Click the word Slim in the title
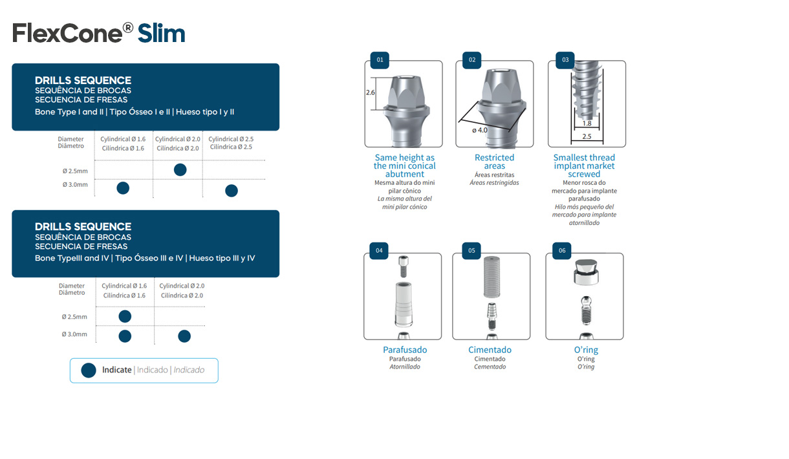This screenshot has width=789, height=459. tap(162, 33)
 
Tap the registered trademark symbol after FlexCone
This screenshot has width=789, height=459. tap(128, 28)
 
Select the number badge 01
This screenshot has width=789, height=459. tap(380, 60)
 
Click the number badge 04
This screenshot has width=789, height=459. tap(379, 250)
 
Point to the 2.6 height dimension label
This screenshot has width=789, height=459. tap(371, 92)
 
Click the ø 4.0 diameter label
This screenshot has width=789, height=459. tap(479, 130)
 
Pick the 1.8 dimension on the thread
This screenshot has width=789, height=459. tap(587, 123)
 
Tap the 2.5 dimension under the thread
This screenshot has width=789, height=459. tap(587, 136)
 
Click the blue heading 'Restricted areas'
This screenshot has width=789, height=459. tap(494, 162)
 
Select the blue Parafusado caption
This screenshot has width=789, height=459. tap(405, 350)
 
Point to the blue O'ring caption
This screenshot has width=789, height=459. tap(586, 350)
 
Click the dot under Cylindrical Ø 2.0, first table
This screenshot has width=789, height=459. tap(180, 169)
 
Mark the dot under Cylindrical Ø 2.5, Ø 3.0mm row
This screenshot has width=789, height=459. tap(231, 191)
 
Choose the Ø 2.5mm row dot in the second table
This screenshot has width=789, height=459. tap(125, 316)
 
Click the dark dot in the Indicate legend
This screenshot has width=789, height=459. tap(89, 370)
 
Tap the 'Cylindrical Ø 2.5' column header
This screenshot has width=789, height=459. tap(231, 139)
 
